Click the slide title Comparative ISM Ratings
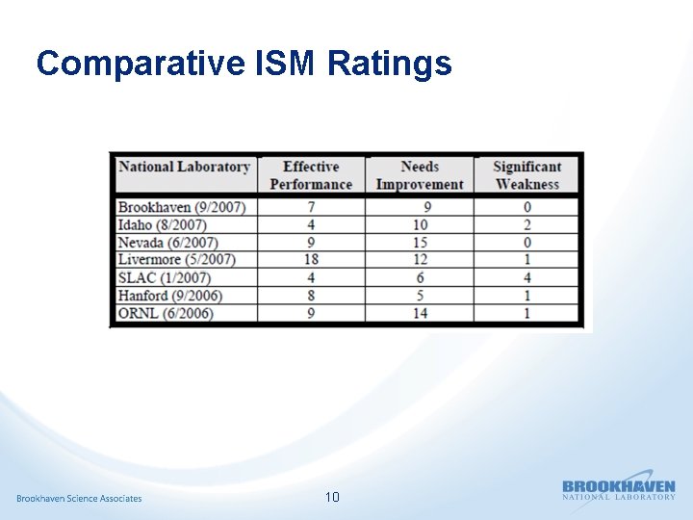tap(244, 64)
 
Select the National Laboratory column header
tap(184, 167)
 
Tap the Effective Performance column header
tap(311, 175)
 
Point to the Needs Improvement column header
tap(420, 175)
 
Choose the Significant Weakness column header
tap(527, 175)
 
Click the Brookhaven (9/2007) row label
tap(182, 208)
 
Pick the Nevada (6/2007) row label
tap(167, 243)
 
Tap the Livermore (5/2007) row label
tap(176, 260)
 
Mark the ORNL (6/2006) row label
tap(166, 313)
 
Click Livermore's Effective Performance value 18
tap(310, 260)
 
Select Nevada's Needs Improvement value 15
tap(420, 243)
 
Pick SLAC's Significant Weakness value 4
tap(527, 277)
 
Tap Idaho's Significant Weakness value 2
tap(527, 225)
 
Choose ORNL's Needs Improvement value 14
tap(420, 313)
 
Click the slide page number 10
tap(332, 497)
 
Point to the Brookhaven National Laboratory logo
tap(619, 489)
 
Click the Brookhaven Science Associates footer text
tap(79, 498)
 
